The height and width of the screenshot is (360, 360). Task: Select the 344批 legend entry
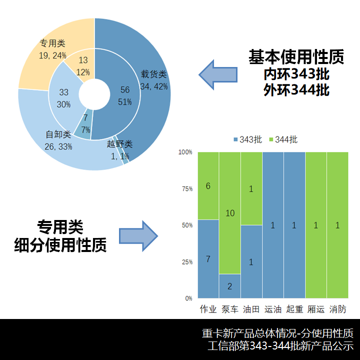pos(282,140)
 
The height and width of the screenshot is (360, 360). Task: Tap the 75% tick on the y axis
pos(186,188)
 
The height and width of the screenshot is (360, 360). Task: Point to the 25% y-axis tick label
pos(186,261)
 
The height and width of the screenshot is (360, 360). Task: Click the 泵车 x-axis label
pos(229,309)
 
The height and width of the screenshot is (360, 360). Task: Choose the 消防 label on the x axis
pos(337,309)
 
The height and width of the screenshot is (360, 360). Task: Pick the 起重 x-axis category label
pos(294,309)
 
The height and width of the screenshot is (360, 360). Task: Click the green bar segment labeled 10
pos(229,213)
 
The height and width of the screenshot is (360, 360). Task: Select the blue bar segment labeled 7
pos(208,259)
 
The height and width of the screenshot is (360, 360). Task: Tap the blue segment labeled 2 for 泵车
pos(229,286)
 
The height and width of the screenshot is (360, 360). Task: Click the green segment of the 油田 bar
pos(251,188)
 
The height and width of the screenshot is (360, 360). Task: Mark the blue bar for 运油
pos(272,225)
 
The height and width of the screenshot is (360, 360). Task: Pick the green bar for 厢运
pos(316,225)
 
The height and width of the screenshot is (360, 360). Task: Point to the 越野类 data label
pos(119,144)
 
